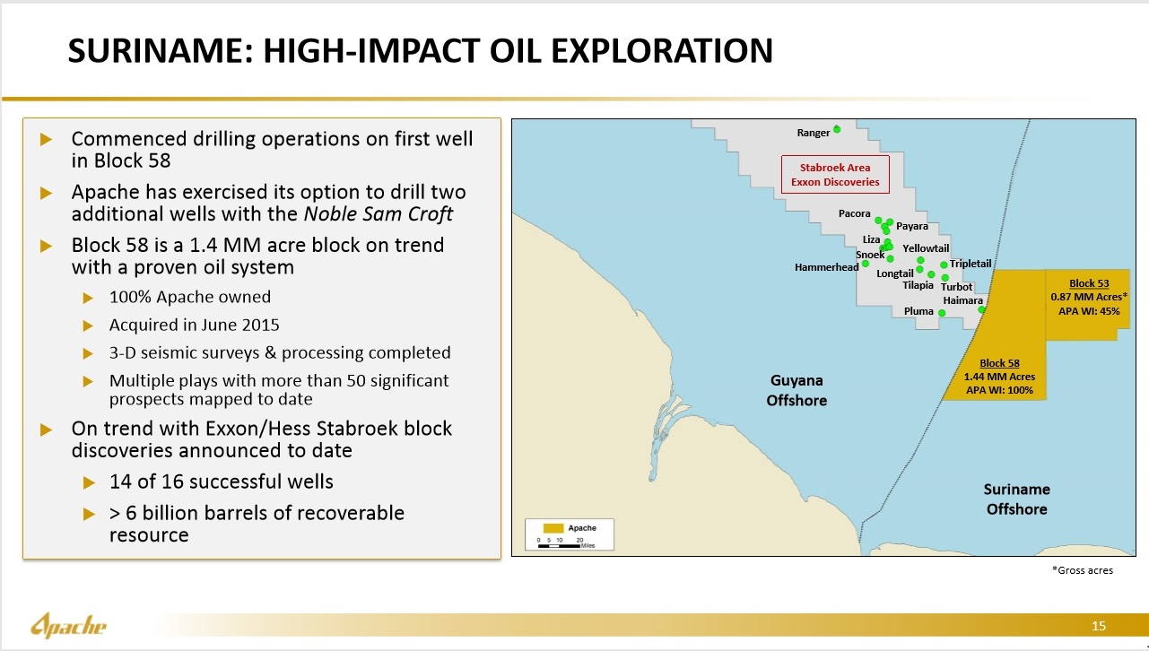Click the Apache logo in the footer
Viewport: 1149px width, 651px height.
coord(69,625)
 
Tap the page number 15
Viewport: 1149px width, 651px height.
coord(1099,626)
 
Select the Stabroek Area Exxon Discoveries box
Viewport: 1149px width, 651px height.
coord(835,175)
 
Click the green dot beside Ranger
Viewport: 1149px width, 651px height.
coord(837,129)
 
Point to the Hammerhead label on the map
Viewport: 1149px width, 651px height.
coord(826,267)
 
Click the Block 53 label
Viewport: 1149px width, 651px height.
coord(1088,283)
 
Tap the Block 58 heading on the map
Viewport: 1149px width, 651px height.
coord(999,363)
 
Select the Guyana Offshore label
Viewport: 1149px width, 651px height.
coord(796,390)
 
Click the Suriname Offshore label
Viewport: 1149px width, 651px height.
coord(1016,499)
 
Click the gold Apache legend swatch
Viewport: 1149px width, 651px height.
coord(551,528)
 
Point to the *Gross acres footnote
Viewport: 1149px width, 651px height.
coord(1082,570)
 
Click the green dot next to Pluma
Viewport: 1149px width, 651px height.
coord(942,313)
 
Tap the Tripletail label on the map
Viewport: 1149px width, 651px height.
coord(971,264)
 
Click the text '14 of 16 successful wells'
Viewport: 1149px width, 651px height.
coord(221,482)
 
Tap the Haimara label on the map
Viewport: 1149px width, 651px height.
coord(963,300)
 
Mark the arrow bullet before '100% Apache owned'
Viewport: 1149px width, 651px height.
coord(88,298)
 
